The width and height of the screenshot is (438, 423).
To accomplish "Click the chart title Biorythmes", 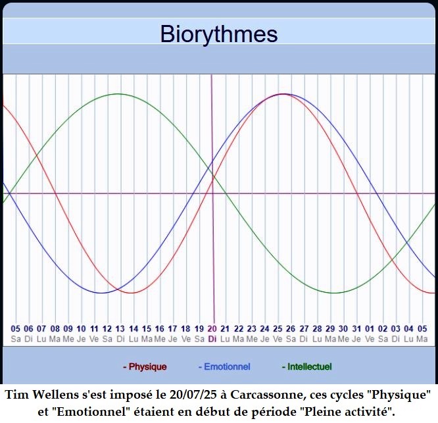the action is [219, 34].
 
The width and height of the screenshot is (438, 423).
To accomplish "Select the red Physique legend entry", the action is [145, 366].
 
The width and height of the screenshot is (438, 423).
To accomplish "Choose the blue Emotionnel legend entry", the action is [224, 366].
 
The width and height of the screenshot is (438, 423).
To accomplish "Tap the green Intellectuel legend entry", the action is [306, 366].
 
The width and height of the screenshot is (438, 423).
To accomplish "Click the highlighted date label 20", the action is [212, 328].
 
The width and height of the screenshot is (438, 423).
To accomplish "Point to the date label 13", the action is [120, 328].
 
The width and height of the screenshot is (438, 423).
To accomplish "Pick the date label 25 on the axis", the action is [278, 328].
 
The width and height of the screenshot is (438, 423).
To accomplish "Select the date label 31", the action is [356, 328].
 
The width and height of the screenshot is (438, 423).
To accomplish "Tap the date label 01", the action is [370, 328].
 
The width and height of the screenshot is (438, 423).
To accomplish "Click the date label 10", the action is [81, 328].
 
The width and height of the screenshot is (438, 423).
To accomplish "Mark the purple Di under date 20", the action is [212, 339].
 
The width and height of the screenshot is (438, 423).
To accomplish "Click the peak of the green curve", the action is [119, 94].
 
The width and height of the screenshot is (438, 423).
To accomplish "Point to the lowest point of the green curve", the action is [333, 293].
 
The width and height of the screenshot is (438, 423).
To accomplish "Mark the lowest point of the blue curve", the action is [101, 293].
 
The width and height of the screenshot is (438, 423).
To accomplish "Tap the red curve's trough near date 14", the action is [132, 293].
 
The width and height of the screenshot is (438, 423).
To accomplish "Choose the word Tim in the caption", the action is [17, 395].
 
